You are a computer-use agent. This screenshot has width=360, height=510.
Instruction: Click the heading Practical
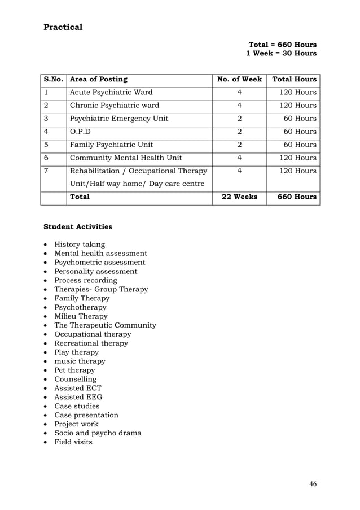[63, 27]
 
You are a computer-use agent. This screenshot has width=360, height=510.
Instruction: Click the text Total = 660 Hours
[282, 45]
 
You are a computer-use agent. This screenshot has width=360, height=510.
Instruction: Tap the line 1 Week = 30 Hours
[281, 54]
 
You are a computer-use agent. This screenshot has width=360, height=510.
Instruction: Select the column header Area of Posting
[98, 80]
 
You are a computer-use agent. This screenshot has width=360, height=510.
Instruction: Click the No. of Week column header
[239, 80]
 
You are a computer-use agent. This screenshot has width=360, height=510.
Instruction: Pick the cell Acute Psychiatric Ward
[111, 93]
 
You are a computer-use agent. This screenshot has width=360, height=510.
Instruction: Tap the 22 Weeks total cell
[239, 197]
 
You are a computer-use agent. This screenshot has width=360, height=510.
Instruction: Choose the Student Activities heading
[78, 227]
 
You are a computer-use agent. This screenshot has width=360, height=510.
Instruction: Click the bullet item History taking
[80, 245]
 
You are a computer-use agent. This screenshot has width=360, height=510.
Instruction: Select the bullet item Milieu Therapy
[81, 316]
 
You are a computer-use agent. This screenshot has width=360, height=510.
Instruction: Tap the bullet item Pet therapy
[74, 370]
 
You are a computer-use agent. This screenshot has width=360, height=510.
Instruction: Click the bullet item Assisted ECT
[78, 389]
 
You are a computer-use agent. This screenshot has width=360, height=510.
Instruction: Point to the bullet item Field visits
[73, 442]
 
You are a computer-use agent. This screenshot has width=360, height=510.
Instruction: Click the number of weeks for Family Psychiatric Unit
[239, 145]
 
